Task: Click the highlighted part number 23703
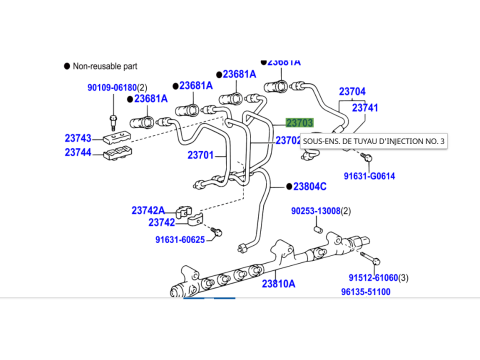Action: coord(300,123)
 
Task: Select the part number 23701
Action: coord(200,155)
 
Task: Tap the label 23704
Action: coord(352,91)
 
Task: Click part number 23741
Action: coord(365,108)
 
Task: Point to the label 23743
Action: coord(78,138)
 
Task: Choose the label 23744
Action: coord(78,152)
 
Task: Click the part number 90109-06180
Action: coord(112,88)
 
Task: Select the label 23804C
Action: coord(310,187)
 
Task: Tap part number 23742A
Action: coord(148,211)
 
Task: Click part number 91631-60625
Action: coord(180,240)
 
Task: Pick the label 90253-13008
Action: coord(316,211)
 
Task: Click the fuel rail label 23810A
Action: coord(278,284)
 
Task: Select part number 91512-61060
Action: coord(373,278)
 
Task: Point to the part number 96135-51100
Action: coord(366,292)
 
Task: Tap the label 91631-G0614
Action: coord(369,176)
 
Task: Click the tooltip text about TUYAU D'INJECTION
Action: coord(374,141)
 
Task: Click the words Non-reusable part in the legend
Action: coord(105,66)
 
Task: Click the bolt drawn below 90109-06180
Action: coord(113,122)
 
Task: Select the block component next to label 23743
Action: coord(116,137)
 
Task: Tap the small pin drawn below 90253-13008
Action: coord(319,230)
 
